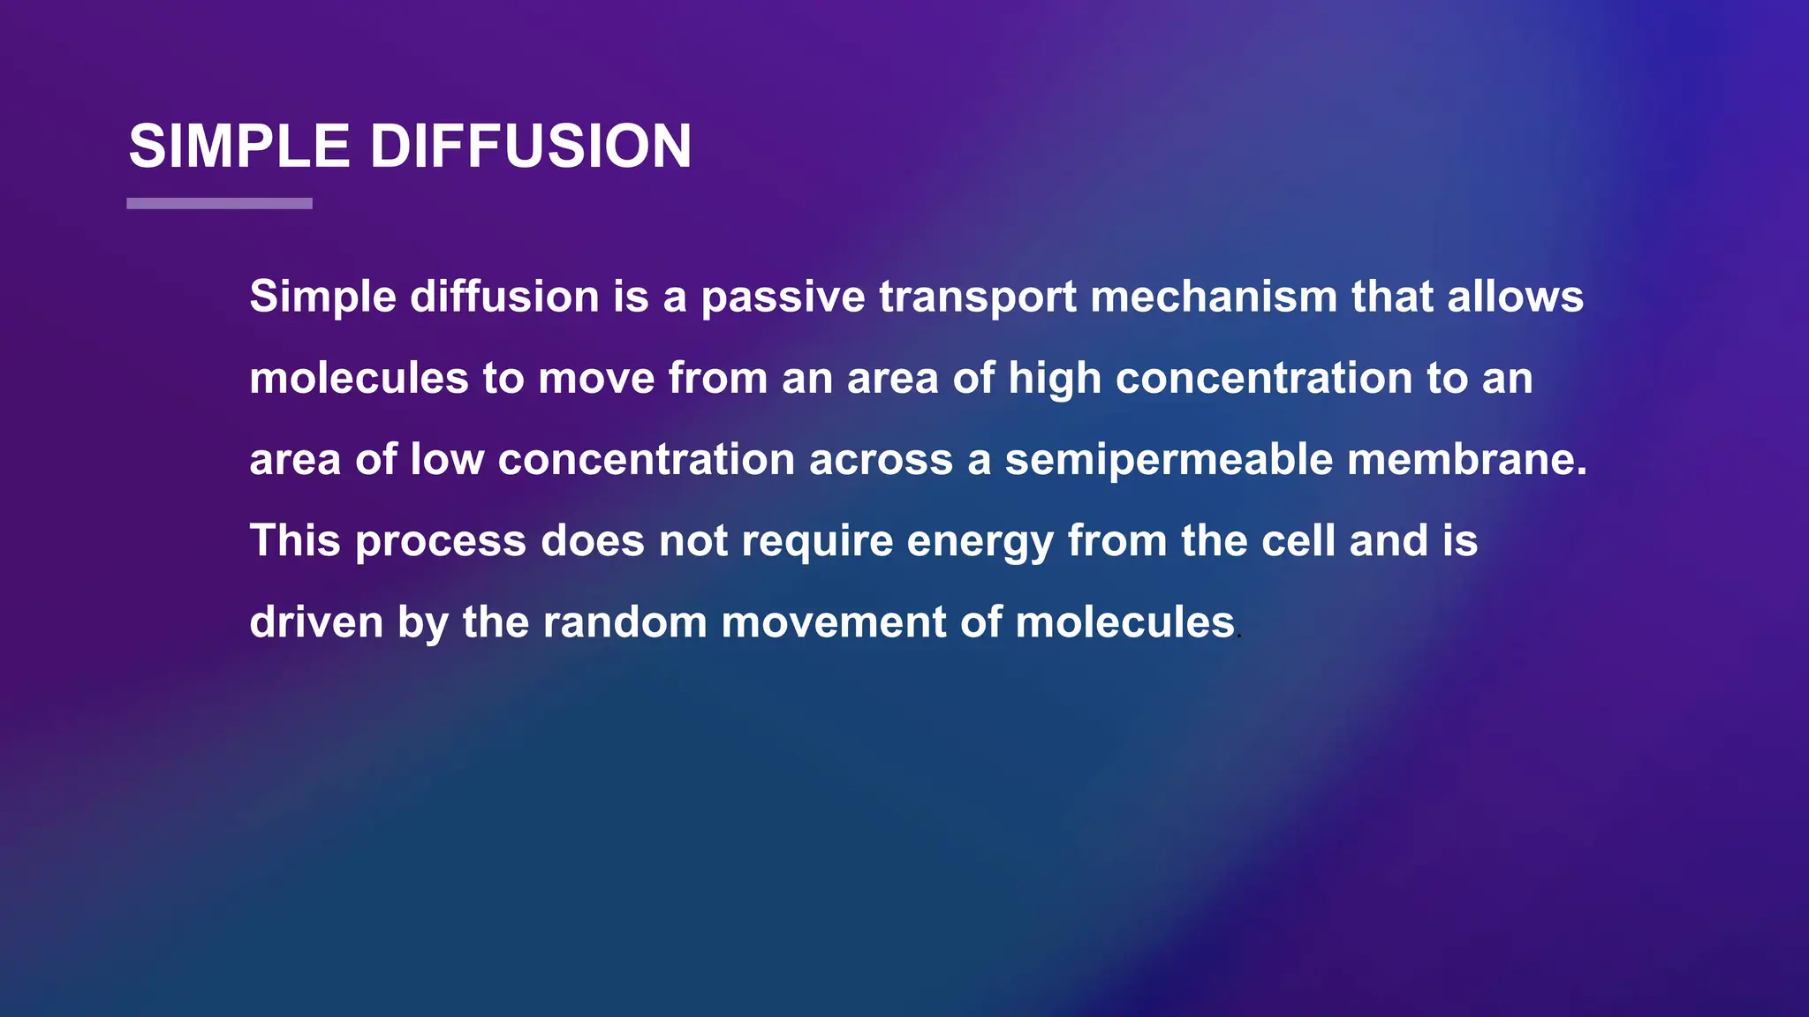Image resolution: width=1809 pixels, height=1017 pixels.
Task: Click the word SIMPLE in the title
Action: point(238,146)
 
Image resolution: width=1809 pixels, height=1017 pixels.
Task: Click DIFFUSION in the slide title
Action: point(530,146)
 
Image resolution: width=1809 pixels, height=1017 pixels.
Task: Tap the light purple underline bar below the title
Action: point(219,203)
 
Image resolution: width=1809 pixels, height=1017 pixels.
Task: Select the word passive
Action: point(783,297)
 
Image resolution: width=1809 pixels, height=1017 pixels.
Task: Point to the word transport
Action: point(977,297)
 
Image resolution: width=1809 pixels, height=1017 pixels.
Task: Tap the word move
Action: point(596,378)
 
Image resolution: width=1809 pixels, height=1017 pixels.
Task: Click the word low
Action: point(446,460)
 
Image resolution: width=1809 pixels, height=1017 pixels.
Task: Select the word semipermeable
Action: point(1169,460)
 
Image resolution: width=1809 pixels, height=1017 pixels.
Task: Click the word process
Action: point(441,541)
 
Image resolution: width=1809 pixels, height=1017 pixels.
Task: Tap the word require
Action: point(817,541)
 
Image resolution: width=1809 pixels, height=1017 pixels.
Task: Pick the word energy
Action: point(980,541)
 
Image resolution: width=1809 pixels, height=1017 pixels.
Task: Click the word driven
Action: point(316,622)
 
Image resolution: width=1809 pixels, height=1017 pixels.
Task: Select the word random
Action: point(624,622)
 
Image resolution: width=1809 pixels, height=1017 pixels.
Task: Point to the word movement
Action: point(833,622)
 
